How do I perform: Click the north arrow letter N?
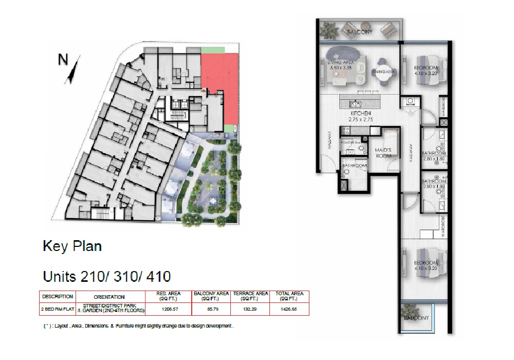pos(63,60)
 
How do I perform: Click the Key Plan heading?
pos(72,246)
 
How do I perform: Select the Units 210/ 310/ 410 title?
pos(106,277)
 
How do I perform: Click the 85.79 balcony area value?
pos(211,309)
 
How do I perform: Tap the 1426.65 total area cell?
pos(289,309)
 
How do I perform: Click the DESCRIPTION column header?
pos(58,296)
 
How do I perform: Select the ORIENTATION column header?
pos(109,297)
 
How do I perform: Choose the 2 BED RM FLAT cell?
pos(58,309)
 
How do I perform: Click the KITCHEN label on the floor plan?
pos(361,113)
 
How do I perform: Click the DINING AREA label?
pos(383,72)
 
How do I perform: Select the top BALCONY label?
pos(359,32)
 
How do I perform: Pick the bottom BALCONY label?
pos(415,318)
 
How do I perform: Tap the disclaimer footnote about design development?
pos(139,326)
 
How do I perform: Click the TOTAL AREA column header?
pos(289,296)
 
